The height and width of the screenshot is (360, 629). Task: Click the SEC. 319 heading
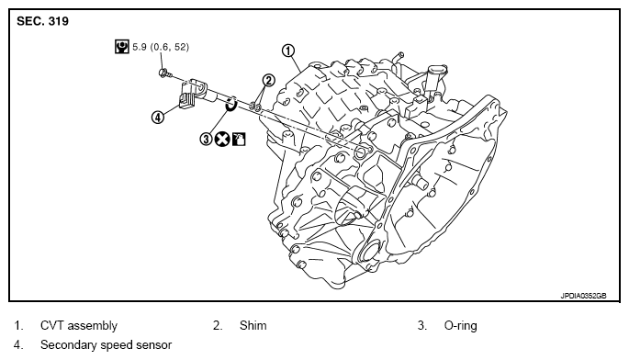pos(42,21)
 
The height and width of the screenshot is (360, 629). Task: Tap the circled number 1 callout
pos(288,51)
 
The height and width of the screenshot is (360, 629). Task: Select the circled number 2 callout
pos(268,80)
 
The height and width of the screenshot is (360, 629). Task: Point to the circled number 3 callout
pos(206,139)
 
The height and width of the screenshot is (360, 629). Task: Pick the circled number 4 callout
pos(158,118)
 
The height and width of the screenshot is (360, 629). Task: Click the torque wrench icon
pos(121,47)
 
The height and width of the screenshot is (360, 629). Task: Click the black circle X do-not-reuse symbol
pos(222,139)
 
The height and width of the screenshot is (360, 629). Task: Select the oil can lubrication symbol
pos(239,139)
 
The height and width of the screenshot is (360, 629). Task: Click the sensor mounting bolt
pos(165,73)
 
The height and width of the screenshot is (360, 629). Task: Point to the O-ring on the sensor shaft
pos(231,103)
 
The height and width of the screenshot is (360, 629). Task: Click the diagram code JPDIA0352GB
pos(583,296)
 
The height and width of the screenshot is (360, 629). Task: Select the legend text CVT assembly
pos(79,325)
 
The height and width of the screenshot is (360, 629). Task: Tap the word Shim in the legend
pos(253,325)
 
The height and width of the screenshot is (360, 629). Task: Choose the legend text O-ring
pos(461,325)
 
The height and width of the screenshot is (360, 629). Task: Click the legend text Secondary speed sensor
pos(106,344)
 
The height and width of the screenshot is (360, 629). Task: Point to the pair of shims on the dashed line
pos(255,107)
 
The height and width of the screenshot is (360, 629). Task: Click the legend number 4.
pos(18,344)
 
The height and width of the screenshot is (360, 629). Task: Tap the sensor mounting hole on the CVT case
pos(361,152)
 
